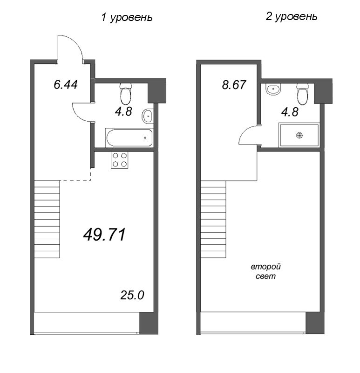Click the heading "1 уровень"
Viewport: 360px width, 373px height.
(x=127, y=18)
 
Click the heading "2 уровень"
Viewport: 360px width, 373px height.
(x=292, y=17)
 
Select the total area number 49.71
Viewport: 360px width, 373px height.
(x=104, y=235)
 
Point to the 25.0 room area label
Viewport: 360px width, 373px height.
(x=134, y=295)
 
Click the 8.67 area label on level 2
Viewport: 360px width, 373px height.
(x=232, y=86)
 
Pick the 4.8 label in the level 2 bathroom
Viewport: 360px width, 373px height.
(x=288, y=112)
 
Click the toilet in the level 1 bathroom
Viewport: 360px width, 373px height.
(x=125, y=94)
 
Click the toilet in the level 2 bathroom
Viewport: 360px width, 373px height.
(x=302, y=94)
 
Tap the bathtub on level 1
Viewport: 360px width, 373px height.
(x=129, y=138)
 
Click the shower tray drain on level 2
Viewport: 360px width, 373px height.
(x=299, y=135)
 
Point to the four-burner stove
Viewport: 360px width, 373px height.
(x=120, y=160)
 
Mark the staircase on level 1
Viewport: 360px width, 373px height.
(x=47, y=219)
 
